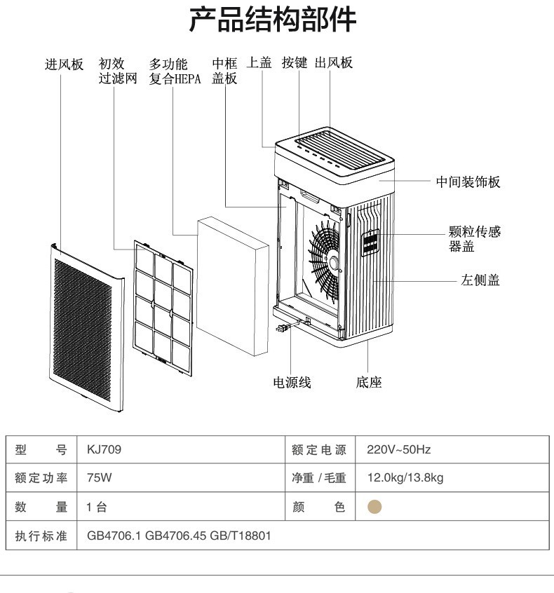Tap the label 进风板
point(65,64)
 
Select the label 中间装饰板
point(468,182)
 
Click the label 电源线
point(291,383)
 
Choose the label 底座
point(369,383)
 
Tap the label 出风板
point(334,63)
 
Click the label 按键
point(295,63)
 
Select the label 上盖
point(260,63)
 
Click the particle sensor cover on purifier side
point(370,242)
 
